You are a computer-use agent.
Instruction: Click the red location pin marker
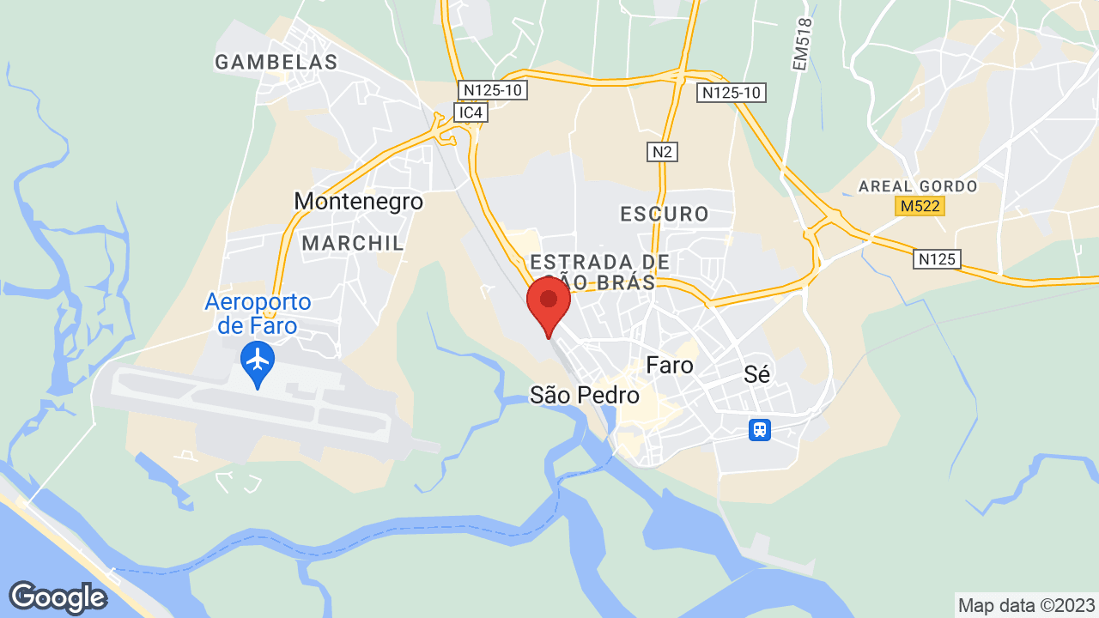(549, 303)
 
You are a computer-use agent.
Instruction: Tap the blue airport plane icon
(258, 358)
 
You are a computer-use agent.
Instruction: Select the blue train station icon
(759, 429)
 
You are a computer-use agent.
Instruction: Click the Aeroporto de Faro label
(258, 314)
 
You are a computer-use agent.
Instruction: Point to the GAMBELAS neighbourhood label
(276, 62)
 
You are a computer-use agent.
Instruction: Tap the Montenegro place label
(359, 201)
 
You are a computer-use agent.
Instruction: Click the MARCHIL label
(353, 243)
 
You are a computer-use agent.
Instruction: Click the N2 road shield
(662, 152)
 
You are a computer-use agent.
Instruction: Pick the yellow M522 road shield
(920, 206)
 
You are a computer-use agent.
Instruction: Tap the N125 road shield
(937, 258)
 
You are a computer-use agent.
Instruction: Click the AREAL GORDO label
(918, 186)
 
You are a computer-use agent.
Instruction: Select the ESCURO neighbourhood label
(665, 214)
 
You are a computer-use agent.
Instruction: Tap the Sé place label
(757, 373)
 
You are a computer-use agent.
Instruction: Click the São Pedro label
(585, 395)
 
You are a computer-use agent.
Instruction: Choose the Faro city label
(670, 365)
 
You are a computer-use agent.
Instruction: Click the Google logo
(58, 597)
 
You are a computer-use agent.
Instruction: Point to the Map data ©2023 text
(1027, 605)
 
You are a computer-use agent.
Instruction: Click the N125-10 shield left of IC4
(492, 89)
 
